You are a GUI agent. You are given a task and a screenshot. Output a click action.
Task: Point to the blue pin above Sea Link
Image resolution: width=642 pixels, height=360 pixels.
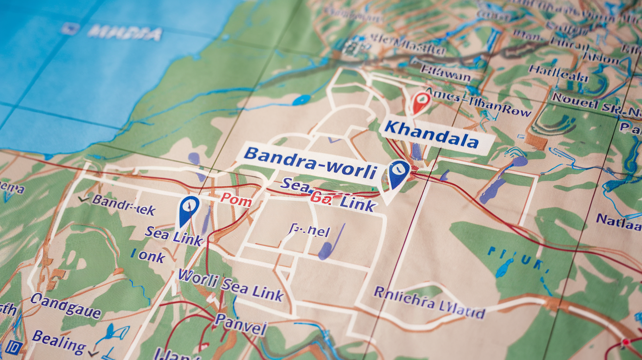click(x=188, y=209)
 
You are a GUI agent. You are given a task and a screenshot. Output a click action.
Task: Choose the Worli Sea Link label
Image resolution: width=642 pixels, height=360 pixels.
click(x=230, y=285)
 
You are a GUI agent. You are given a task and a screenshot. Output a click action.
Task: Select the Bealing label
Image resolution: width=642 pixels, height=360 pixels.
click(x=59, y=341)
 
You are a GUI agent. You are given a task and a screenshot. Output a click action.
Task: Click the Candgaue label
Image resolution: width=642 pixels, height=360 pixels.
click(x=66, y=306)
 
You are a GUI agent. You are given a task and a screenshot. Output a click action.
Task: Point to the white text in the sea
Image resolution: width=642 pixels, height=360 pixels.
click(x=125, y=33)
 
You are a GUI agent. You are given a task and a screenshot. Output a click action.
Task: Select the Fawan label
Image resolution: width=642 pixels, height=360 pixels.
click(x=445, y=74)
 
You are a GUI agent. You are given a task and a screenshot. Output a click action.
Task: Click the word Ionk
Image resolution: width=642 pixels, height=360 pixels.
click(x=148, y=256)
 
